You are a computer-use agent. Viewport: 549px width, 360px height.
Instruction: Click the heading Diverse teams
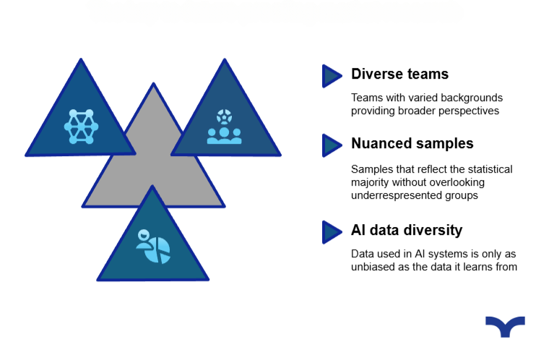click(400, 74)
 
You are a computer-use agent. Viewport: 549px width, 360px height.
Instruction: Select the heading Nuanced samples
click(412, 144)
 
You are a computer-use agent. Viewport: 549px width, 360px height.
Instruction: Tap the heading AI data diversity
click(407, 231)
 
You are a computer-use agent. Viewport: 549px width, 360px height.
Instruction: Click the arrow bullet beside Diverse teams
click(332, 76)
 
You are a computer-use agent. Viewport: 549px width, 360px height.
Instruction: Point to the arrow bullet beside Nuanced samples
click(332, 145)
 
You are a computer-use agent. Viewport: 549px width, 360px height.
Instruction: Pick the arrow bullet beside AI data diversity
click(332, 232)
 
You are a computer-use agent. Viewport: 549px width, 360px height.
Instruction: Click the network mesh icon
click(81, 127)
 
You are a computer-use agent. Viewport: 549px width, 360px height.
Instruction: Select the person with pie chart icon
click(153, 246)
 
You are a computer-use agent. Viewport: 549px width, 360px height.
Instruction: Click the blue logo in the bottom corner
click(505, 326)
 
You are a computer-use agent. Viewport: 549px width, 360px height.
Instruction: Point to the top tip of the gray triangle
click(153, 83)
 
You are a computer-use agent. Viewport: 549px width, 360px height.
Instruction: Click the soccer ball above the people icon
click(224, 116)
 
